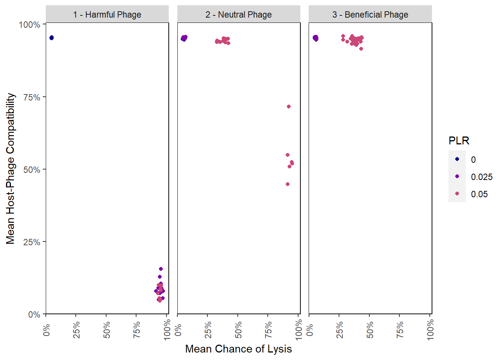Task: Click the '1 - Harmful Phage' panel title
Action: (107, 15)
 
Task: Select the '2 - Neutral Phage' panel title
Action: (238, 15)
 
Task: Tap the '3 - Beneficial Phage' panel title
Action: (370, 15)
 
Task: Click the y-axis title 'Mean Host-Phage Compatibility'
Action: (10, 168)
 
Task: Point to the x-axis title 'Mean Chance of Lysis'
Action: (238, 349)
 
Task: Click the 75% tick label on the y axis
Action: (31, 97)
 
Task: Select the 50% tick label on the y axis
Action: (31, 169)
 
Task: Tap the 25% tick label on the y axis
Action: (31, 242)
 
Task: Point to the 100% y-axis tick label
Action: (30, 25)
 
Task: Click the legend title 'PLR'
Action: (459, 141)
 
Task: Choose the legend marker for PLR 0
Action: (457, 159)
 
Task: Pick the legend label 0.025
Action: (481, 177)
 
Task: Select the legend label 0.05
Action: (479, 194)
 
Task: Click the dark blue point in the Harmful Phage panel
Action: (51, 37)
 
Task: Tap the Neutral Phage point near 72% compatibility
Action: (289, 106)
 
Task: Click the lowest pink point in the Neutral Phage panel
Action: (288, 184)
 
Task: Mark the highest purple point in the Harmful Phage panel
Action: (161, 269)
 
